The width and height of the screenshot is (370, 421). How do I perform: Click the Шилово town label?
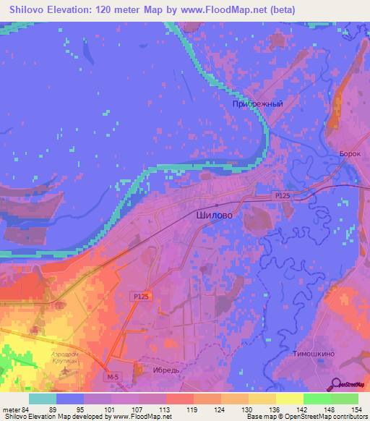215,215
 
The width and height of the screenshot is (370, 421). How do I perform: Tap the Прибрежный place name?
257,104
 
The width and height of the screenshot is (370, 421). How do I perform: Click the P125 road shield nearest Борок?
283,195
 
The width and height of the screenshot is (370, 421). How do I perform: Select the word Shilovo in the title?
30,9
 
